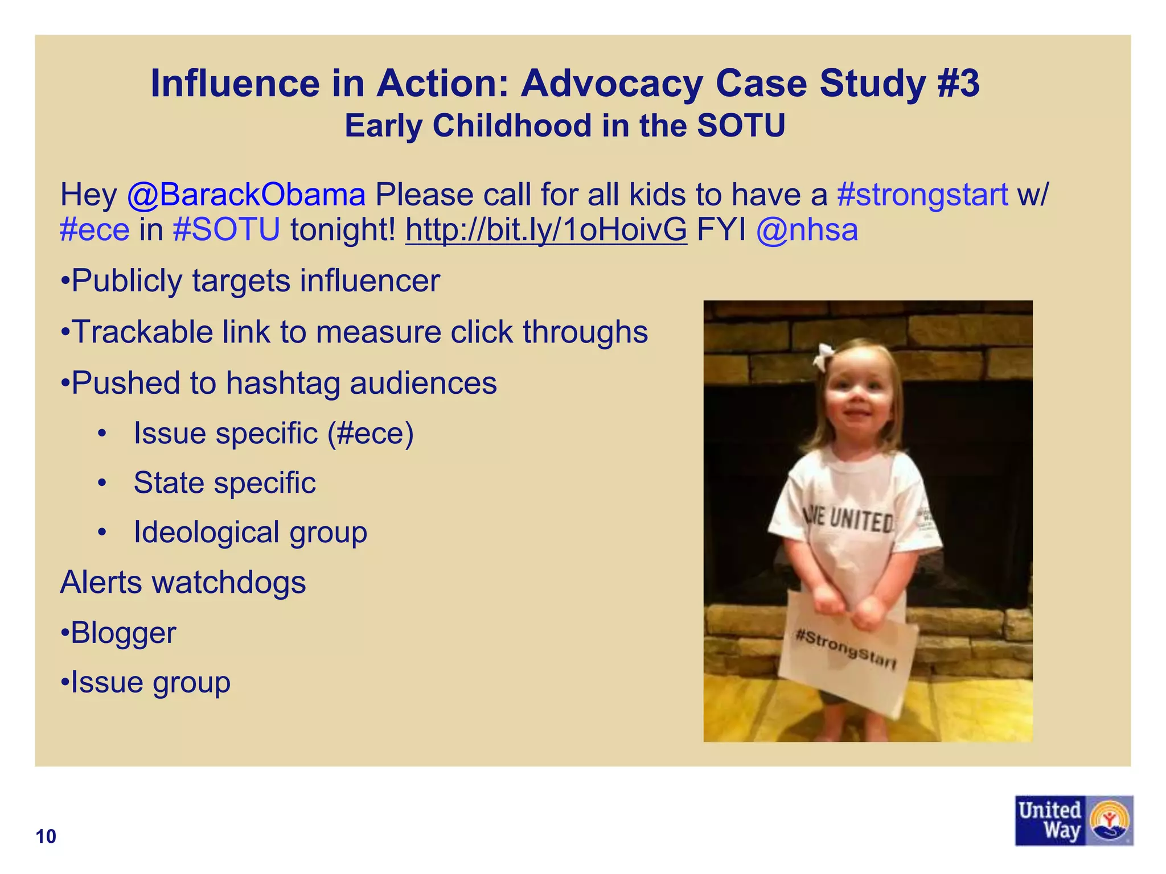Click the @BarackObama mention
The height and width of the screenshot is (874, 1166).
[x=246, y=195]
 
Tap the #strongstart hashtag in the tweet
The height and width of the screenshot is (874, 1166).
[x=922, y=195]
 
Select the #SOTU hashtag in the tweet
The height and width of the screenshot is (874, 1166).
[x=227, y=230]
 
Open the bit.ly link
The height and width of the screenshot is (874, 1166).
[x=546, y=230]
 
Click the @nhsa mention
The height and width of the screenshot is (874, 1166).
[x=807, y=230]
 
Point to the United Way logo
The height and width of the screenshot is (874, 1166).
[x=1073, y=820]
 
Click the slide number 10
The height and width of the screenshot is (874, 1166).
[x=46, y=836]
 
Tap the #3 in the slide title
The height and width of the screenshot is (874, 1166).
[x=958, y=84]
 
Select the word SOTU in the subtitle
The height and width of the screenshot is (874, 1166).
[x=741, y=126]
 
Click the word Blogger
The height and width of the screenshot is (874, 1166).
[x=124, y=633]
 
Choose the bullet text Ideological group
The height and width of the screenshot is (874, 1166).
[x=251, y=533]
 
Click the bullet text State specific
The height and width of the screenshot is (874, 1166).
[x=224, y=483]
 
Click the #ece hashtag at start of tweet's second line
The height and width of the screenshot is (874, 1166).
[x=95, y=230]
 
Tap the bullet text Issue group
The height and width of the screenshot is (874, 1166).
[x=150, y=682]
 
